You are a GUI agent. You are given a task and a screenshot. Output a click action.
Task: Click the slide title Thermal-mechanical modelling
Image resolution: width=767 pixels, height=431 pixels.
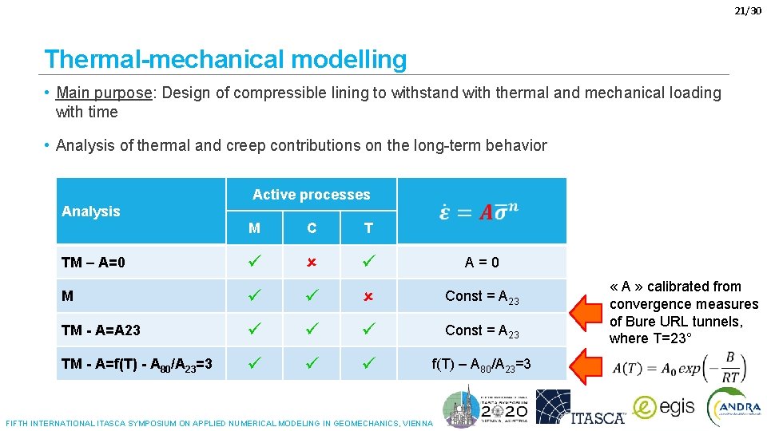pos(225,59)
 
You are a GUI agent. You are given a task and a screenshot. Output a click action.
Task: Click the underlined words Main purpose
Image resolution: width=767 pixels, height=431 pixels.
pos(105,93)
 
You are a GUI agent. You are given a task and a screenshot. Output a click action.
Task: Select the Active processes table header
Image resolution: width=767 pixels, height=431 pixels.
pos(311,195)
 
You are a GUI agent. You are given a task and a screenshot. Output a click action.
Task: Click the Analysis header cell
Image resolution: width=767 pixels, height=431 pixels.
pos(91,212)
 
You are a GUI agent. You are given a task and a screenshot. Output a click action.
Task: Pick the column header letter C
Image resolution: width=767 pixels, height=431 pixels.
pos(312,228)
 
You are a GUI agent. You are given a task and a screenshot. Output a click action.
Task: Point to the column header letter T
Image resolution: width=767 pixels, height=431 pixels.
pos(368,228)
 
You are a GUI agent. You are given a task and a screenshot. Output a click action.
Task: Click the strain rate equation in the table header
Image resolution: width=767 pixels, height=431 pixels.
pos(479,212)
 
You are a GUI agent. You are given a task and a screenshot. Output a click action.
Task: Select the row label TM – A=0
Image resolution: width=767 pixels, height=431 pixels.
pos(93,263)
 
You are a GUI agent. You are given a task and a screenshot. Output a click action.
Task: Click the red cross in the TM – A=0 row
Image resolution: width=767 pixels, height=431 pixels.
pos(312,263)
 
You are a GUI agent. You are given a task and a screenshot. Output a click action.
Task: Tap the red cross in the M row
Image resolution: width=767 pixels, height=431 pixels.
pos(368,296)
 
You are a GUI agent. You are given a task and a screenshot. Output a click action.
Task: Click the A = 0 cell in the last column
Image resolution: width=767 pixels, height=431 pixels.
pos(482,263)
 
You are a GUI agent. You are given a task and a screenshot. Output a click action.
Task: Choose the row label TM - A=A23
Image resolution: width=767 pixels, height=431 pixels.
pos(101,330)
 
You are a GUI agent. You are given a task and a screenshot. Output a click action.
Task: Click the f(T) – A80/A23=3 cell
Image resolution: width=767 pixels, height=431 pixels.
pos(481,364)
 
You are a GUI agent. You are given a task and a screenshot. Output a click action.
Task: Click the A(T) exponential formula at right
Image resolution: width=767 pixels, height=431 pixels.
pos(679,368)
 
